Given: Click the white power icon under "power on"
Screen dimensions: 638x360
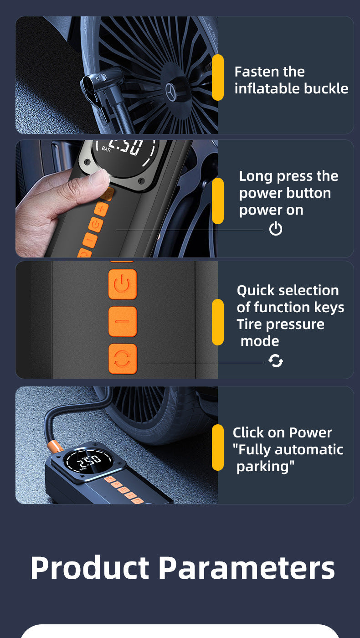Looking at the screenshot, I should (276, 229).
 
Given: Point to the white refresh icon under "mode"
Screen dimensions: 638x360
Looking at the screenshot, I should (276, 361).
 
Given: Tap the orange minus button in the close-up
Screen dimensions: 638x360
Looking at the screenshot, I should (122, 322).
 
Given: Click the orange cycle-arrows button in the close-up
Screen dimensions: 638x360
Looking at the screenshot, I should (122, 359).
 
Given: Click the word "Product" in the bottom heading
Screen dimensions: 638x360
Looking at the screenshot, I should (90, 568).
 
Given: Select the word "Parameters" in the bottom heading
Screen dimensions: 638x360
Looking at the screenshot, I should (247, 568).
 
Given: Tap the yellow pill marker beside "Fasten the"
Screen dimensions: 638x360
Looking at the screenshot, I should (218, 77).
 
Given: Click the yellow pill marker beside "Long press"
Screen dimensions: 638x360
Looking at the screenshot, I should (218, 201).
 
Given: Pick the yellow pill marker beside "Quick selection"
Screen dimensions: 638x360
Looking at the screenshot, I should (218, 322).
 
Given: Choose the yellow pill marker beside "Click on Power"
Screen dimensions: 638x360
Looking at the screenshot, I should (218, 447).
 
